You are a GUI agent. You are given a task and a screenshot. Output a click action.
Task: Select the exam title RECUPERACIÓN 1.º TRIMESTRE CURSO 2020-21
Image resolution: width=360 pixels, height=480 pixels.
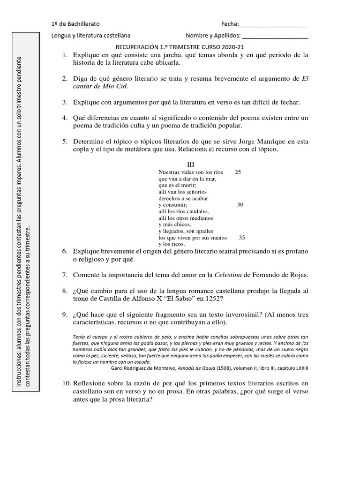coord(180,47)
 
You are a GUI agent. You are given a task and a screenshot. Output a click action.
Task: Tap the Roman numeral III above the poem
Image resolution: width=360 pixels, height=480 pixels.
coord(190,165)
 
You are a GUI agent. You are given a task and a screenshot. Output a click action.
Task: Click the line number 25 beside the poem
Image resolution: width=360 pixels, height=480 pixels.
coord(238,172)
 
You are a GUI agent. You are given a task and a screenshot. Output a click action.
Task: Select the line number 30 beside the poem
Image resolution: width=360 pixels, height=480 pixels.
coord(240,205)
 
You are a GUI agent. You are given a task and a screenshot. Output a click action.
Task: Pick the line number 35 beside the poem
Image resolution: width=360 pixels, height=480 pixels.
coord(242,237)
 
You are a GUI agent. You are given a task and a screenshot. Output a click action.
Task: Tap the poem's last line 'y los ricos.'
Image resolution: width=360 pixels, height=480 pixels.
coord(172,244)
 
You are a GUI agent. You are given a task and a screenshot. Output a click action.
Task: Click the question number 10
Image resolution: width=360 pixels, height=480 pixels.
coord(66,383)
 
